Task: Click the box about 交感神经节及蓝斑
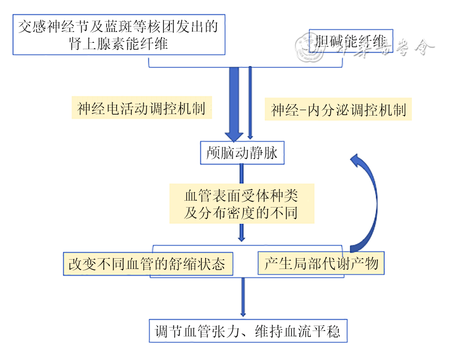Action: [x=118, y=34]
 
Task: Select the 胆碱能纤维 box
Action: [x=351, y=43]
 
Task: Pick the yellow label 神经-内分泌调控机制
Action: [x=339, y=110]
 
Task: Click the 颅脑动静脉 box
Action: [x=242, y=153]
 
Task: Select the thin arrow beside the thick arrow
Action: [x=250, y=103]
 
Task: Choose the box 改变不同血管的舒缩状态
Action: [x=147, y=264]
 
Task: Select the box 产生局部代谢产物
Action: [x=321, y=264]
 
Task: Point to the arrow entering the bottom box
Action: [x=243, y=298]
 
